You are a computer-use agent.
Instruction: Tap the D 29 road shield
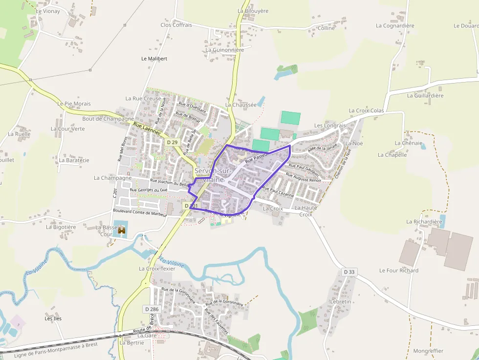(x=172, y=142)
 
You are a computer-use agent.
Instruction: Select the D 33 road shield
(x=348, y=272)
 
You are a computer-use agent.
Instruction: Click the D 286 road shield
(x=152, y=309)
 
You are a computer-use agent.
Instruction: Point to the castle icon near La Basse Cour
(x=122, y=230)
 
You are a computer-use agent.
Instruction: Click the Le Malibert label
(x=154, y=59)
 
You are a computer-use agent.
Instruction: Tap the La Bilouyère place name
(x=254, y=10)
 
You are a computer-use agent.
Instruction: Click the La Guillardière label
(x=425, y=96)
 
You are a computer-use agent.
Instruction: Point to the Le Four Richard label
(x=399, y=271)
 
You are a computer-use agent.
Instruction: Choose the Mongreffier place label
(x=428, y=351)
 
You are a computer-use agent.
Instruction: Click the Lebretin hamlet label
(x=341, y=302)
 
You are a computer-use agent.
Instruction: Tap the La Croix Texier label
(x=157, y=269)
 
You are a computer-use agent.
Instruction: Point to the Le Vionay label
(x=48, y=11)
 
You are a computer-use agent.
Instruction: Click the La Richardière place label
(x=424, y=222)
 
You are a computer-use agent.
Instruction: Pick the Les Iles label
(x=53, y=318)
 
